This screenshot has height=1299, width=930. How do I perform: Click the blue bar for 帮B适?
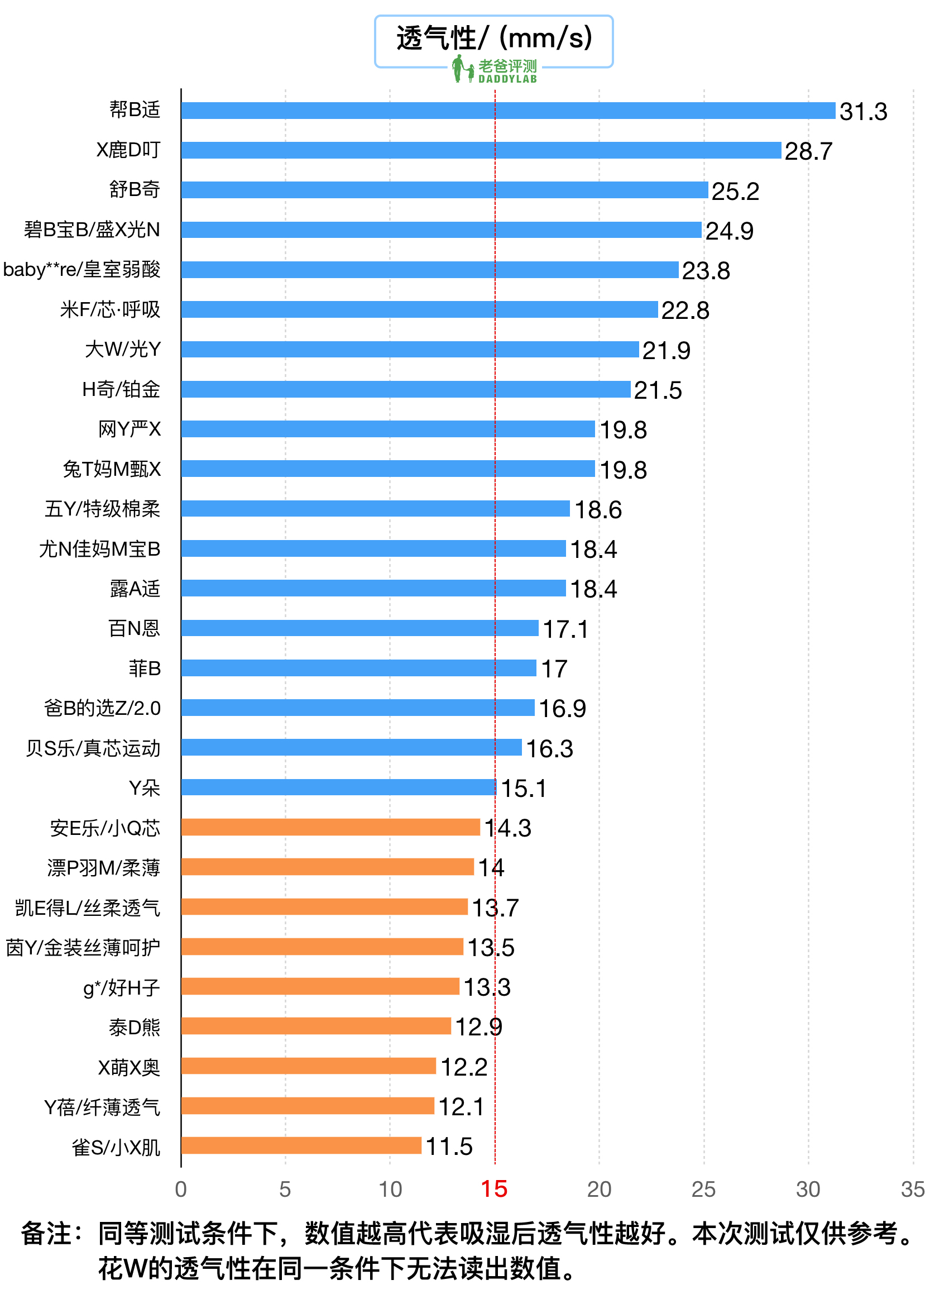[509, 111]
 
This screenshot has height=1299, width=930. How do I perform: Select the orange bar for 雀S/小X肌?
[301, 1145]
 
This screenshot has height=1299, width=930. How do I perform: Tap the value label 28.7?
[808, 151]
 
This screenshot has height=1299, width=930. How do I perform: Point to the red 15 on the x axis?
[493, 1189]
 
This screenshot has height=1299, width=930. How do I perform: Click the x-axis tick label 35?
[912, 1190]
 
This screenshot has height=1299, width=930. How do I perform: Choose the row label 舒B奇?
[135, 189]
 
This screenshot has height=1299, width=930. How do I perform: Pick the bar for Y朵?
[338, 787]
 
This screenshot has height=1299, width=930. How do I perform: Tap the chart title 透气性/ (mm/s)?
[493, 38]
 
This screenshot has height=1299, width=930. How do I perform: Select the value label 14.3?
[507, 828]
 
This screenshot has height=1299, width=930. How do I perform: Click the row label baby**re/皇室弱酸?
[82, 269]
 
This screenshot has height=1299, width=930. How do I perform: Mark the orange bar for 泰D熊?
[316, 1026]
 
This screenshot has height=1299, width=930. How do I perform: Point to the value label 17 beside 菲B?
[554, 669]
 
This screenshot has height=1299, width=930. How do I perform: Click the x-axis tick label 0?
[181, 1190]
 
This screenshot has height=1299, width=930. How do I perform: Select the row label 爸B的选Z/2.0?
[103, 709]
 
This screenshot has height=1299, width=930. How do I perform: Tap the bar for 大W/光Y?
[410, 350]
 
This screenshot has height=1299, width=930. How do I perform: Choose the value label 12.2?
[464, 1067]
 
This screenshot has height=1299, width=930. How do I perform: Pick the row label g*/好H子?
[121, 987]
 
